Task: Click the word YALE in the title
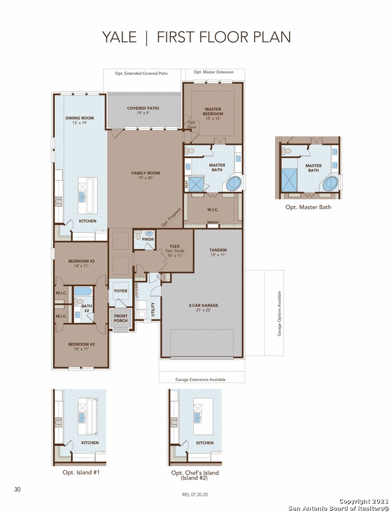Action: (x=119, y=37)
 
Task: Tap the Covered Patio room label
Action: (x=143, y=110)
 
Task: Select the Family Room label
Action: (x=145, y=175)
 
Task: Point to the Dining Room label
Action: (x=79, y=120)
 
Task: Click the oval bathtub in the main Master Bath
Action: (x=233, y=184)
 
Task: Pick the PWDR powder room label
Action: (x=148, y=239)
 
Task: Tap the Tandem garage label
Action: (x=218, y=252)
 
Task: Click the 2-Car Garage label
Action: (x=203, y=308)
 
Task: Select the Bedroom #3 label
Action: (x=81, y=263)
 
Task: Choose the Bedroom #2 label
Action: (x=81, y=347)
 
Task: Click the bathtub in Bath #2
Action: (x=83, y=291)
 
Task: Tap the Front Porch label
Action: (x=121, y=319)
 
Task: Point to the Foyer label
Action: (x=121, y=291)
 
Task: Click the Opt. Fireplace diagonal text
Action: (x=171, y=218)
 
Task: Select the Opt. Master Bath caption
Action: (x=308, y=207)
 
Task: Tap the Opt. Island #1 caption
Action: (x=81, y=472)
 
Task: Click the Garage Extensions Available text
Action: (x=200, y=379)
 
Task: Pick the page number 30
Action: (x=18, y=489)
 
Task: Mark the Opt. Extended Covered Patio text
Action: (x=142, y=73)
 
